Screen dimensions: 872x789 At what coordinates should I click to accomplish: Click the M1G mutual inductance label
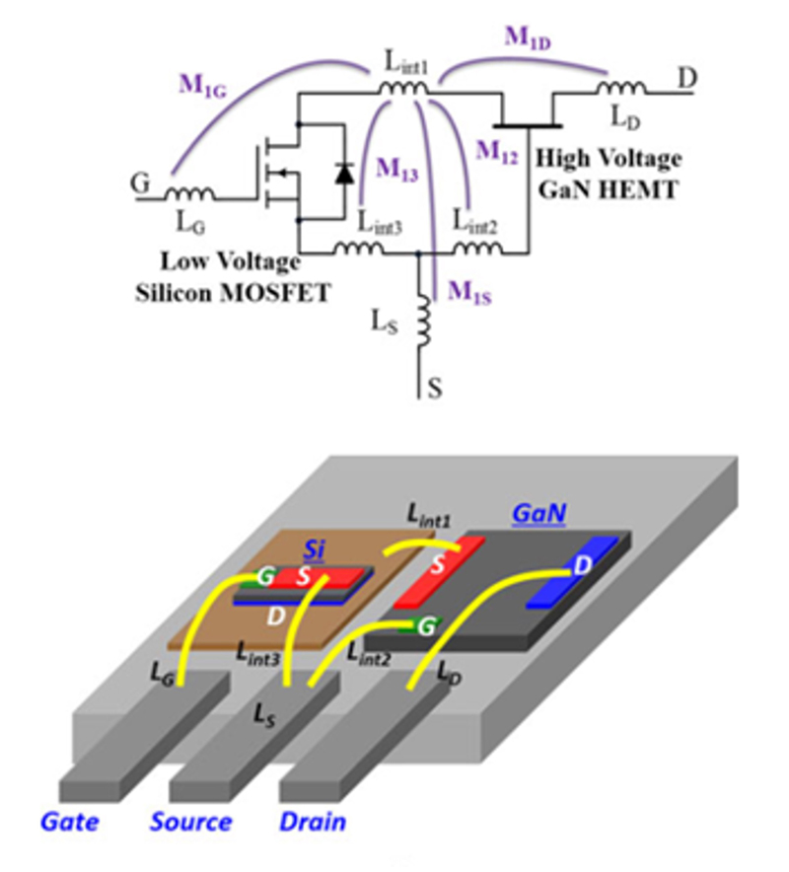[x=203, y=84]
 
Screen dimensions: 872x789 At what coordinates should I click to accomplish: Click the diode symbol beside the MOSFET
[x=343, y=173]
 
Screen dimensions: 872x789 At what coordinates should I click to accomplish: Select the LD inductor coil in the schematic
[x=619, y=92]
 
